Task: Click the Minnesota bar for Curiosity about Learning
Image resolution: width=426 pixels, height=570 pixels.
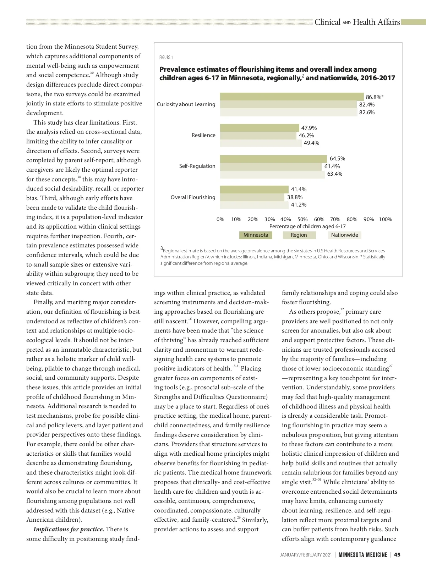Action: pyautogui.click(x=292, y=97)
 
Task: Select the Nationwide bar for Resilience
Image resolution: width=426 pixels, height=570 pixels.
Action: pyautogui.click(x=261, y=143)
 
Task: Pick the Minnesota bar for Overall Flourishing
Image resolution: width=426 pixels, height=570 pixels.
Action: pyautogui.click(x=254, y=190)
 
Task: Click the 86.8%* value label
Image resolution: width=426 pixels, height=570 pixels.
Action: pyautogui.click(x=375, y=97)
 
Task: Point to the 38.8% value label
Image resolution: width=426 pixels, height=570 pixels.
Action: pyautogui.click(x=295, y=197)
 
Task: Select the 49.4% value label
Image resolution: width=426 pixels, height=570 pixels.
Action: pyautogui.click(x=311, y=143)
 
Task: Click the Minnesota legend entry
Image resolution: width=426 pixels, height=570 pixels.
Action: pyautogui.click(x=256, y=235)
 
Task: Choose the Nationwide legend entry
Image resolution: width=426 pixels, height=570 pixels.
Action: pyautogui.click(x=344, y=235)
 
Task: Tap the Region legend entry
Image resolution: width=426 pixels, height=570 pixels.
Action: pyautogui.click(x=299, y=235)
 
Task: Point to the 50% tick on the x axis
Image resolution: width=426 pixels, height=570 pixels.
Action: pyautogui.click(x=302, y=219)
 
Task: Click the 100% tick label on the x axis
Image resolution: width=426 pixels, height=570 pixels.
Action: pyautogui.click(x=385, y=219)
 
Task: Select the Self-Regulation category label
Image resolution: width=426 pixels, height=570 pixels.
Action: pyautogui.click(x=197, y=166)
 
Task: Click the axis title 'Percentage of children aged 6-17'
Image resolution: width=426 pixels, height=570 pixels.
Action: pyautogui.click(x=307, y=226)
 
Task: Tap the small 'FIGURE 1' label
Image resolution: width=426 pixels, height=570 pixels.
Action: pyautogui.click(x=166, y=57)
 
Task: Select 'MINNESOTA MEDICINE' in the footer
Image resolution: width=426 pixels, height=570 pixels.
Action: pyautogui.click(x=362, y=555)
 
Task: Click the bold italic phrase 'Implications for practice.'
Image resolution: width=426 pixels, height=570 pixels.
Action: pyautogui.click(x=69, y=529)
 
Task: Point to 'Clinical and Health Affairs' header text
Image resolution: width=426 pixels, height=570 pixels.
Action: pyautogui.click(x=357, y=22)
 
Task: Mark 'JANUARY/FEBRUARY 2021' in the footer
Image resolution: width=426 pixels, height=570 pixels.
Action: pyautogui.click(x=306, y=555)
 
